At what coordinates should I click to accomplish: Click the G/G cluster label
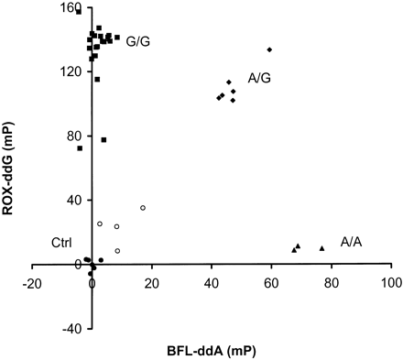[139, 41]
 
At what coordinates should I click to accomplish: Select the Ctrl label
[61, 242]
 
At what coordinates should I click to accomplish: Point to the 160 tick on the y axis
[70, 9]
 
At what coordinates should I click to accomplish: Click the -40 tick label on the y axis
[71, 328]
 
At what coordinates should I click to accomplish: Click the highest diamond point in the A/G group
[269, 49]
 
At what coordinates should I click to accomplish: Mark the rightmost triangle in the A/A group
[321, 248]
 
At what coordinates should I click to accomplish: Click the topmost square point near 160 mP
[79, 12]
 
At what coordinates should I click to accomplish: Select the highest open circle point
[143, 208]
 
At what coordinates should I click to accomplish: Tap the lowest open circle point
[117, 251]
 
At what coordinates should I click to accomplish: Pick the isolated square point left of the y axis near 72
[80, 148]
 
